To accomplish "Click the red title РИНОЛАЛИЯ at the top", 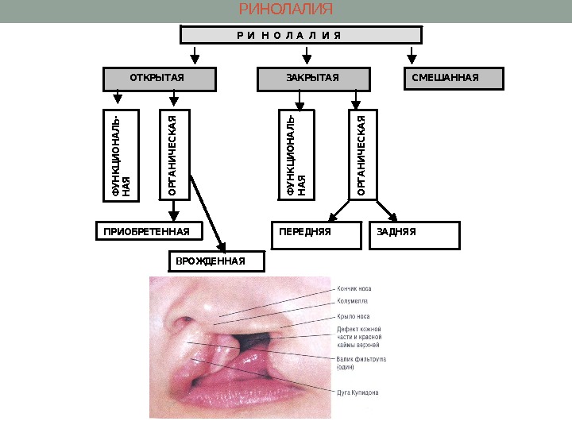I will (x=286, y=10).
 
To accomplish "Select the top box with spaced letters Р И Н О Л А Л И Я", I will (x=300, y=35).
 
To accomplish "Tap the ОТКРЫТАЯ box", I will (x=160, y=78).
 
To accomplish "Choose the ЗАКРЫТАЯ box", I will (x=313, y=78).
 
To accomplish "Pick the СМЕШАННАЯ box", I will (x=454, y=78).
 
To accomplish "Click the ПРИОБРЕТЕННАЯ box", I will (x=149, y=232).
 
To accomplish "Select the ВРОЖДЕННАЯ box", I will (x=217, y=261).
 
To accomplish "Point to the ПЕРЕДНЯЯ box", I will (x=319, y=235).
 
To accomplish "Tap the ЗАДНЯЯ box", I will (x=415, y=235).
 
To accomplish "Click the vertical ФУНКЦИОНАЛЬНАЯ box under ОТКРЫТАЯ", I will (x=122, y=154).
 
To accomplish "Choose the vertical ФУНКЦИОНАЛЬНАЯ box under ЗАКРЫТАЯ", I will (x=299, y=154).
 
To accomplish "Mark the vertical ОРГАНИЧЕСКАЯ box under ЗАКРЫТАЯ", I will (x=361, y=154).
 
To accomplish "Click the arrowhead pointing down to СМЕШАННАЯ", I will (x=412, y=57).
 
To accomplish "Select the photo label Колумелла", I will (x=353, y=302).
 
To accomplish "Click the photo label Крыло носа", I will (x=354, y=315).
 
